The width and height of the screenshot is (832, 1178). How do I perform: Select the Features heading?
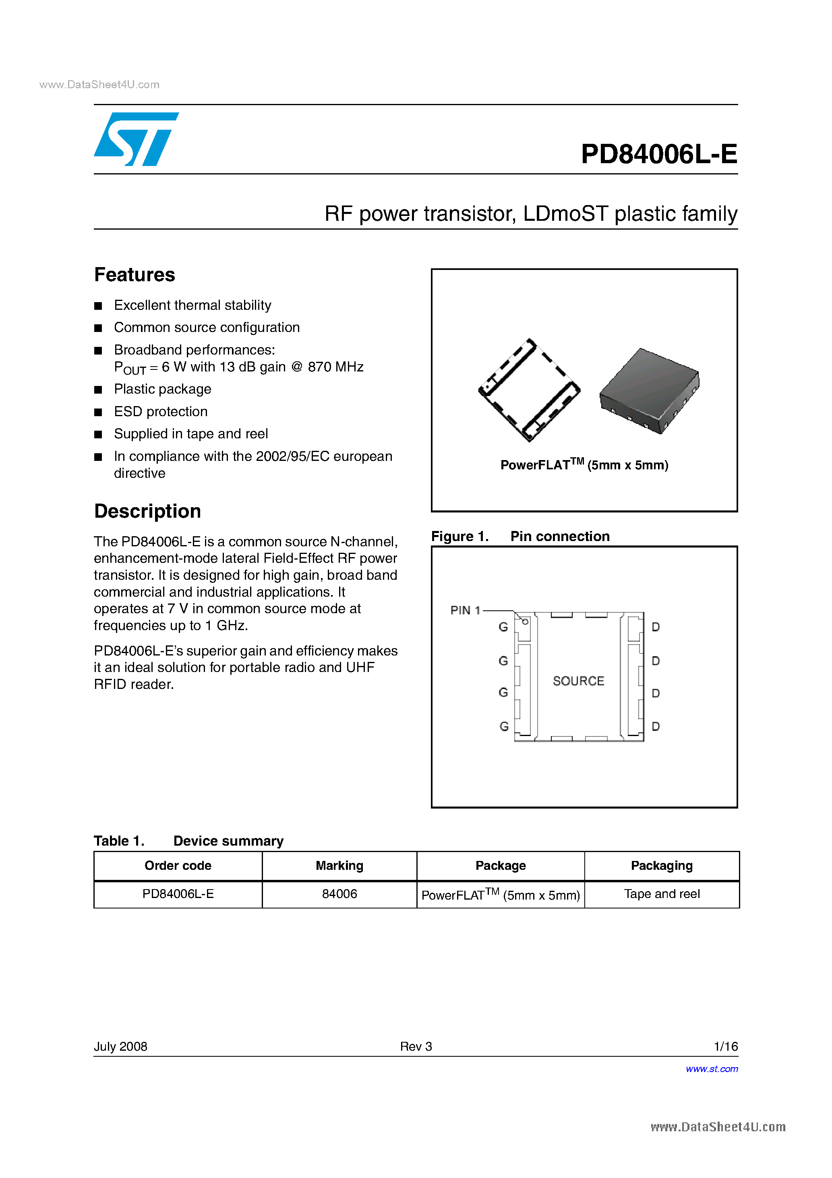click(x=135, y=275)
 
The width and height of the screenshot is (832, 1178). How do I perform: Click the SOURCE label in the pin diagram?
click(x=578, y=681)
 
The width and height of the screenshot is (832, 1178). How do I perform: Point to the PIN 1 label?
click(x=465, y=610)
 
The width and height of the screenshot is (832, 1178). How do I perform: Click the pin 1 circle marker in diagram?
click(x=525, y=621)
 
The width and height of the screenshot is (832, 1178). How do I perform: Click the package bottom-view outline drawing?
click(x=529, y=390)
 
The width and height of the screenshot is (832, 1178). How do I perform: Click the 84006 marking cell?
click(x=339, y=894)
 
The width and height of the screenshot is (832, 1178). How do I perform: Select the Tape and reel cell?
click(x=661, y=894)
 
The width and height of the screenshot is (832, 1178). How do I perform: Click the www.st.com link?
click(x=712, y=1069)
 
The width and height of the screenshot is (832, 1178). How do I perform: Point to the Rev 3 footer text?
click(x=416, y=1046)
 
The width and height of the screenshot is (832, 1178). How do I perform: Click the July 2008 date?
click(x=120, y=1046)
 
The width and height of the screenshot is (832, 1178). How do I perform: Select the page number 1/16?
click(x=725, y=1046)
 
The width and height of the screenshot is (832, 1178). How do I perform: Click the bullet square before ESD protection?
click(x=98, y=412)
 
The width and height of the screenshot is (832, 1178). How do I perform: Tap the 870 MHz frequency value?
click(x=335, y=367)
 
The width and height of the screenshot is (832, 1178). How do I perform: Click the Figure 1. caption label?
click(x=459, y=536)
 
